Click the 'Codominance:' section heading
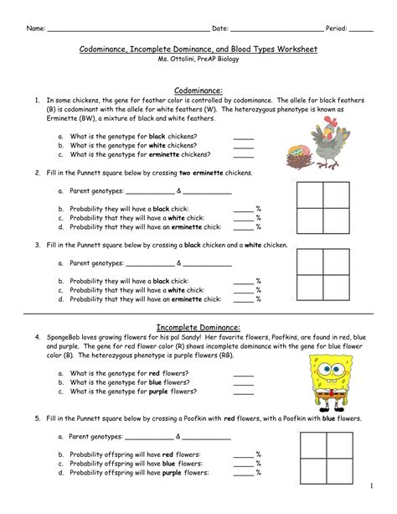click(x=198, y=89)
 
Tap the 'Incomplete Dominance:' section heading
click(x=198, y=326)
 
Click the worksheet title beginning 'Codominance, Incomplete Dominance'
click(x=198, y=50)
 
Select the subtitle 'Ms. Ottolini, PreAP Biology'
click(x=198, y=61)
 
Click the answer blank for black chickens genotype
click(x=243, y=135)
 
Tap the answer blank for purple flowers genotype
click(x=243, y=392)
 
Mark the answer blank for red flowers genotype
click(x=243, y=372)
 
